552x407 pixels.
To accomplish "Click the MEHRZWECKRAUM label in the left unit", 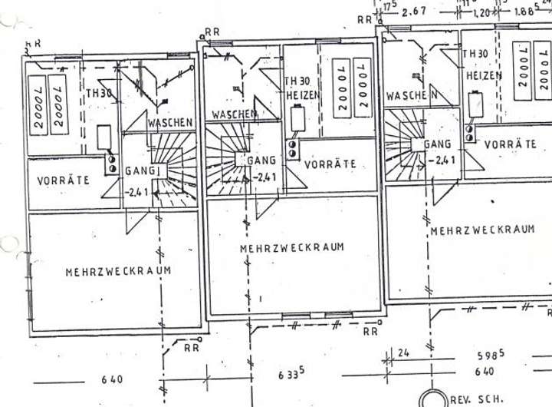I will (118, 271).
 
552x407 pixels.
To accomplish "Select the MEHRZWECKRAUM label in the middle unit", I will (291, 248).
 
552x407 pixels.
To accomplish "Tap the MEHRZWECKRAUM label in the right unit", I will (481, 230).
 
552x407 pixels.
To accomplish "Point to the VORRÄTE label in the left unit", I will (63, 180).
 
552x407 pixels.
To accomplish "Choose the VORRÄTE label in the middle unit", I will (330, 164).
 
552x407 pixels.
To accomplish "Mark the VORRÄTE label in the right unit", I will (511, 144).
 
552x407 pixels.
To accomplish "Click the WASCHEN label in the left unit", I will (170, 123).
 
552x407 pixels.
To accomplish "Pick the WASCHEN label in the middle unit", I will (235, 114).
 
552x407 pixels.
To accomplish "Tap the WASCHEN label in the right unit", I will (412, 96).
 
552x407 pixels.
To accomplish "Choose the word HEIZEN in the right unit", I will (483, 76).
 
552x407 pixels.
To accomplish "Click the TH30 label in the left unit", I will (98, 93).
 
